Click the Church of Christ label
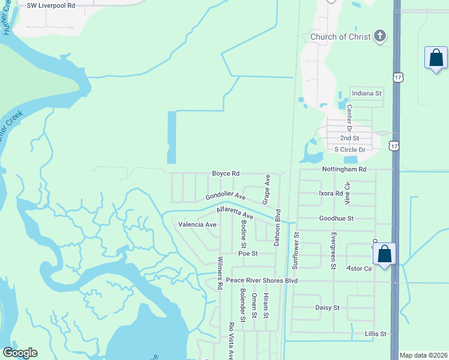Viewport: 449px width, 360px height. pyautogui.click(x=340, y=37)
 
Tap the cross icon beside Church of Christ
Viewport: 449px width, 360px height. pyautogui.click(x=379, y=36)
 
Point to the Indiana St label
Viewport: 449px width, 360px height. pyautogui.click(x=367, y=94)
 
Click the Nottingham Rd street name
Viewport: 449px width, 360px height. pyautogui.click(x=344, y=170)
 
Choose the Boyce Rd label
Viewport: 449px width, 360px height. pyautogui.click(x=225, y=173)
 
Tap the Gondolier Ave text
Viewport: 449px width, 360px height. pyautogui.click(x=226, y=197)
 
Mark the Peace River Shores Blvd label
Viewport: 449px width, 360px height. pyautogui.click(x=262, y=280)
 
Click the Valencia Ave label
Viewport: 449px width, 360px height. pyautogui.click(x=197, y=224)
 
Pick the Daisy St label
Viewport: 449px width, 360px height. pyautogui.click(x=327, y=307)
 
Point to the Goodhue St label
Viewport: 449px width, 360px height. pyautogui.click(x=337, y=219)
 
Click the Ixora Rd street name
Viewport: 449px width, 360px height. pyautogui.click(x=330, y=194)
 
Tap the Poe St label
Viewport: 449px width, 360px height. pyautogui.click(x=247, y=254)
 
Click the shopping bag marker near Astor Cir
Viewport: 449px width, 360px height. pyautogui.click(x=384, y=254)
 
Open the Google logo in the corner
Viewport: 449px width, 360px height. pyautogui.click(x=20, y=353)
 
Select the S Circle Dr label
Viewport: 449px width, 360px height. pyautogui.click(x=349, y=149)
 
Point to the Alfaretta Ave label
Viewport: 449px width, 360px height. pyautogui.click(x=235, y=212)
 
